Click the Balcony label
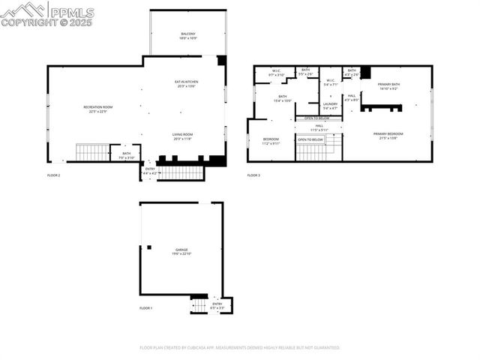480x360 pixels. [187, 34]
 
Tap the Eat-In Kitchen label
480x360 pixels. [186, 82]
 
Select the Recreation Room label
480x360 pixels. [97, 109]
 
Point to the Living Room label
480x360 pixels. [183, 136]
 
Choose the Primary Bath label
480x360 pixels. [388, 86]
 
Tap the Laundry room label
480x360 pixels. [330, 105]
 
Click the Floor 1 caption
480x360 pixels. [145, 308]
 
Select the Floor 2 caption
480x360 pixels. [53, 175]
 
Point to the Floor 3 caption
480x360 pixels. [253, 175]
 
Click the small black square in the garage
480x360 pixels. [148, 247]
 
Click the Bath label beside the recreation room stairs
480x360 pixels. [126, 155]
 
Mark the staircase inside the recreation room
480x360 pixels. [93, 153]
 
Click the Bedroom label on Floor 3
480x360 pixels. [271, 141]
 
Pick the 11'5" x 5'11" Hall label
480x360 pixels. [319, 128]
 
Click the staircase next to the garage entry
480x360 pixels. [199, 305]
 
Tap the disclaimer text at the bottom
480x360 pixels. [240, 348]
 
